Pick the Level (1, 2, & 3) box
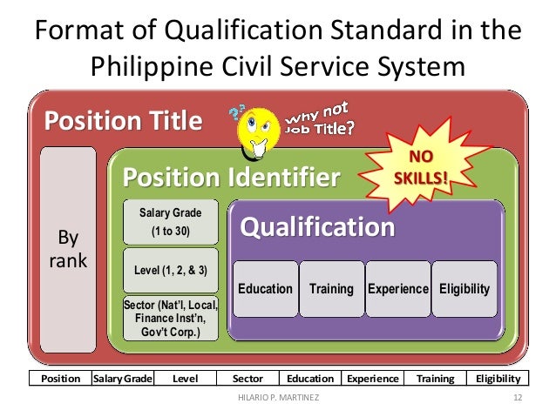tap(170, 270)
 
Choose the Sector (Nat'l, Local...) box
tap(170, 319)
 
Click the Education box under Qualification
tap(266, 288)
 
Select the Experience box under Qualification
tap(397, 288)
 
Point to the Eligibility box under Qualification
tap(464, 288)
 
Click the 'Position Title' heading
tap(124, 121)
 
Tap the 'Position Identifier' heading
tap(230, 178)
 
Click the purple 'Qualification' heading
tap(317, 227)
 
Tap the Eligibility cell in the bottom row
tap(498, 379)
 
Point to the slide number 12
tap(517, 399)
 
